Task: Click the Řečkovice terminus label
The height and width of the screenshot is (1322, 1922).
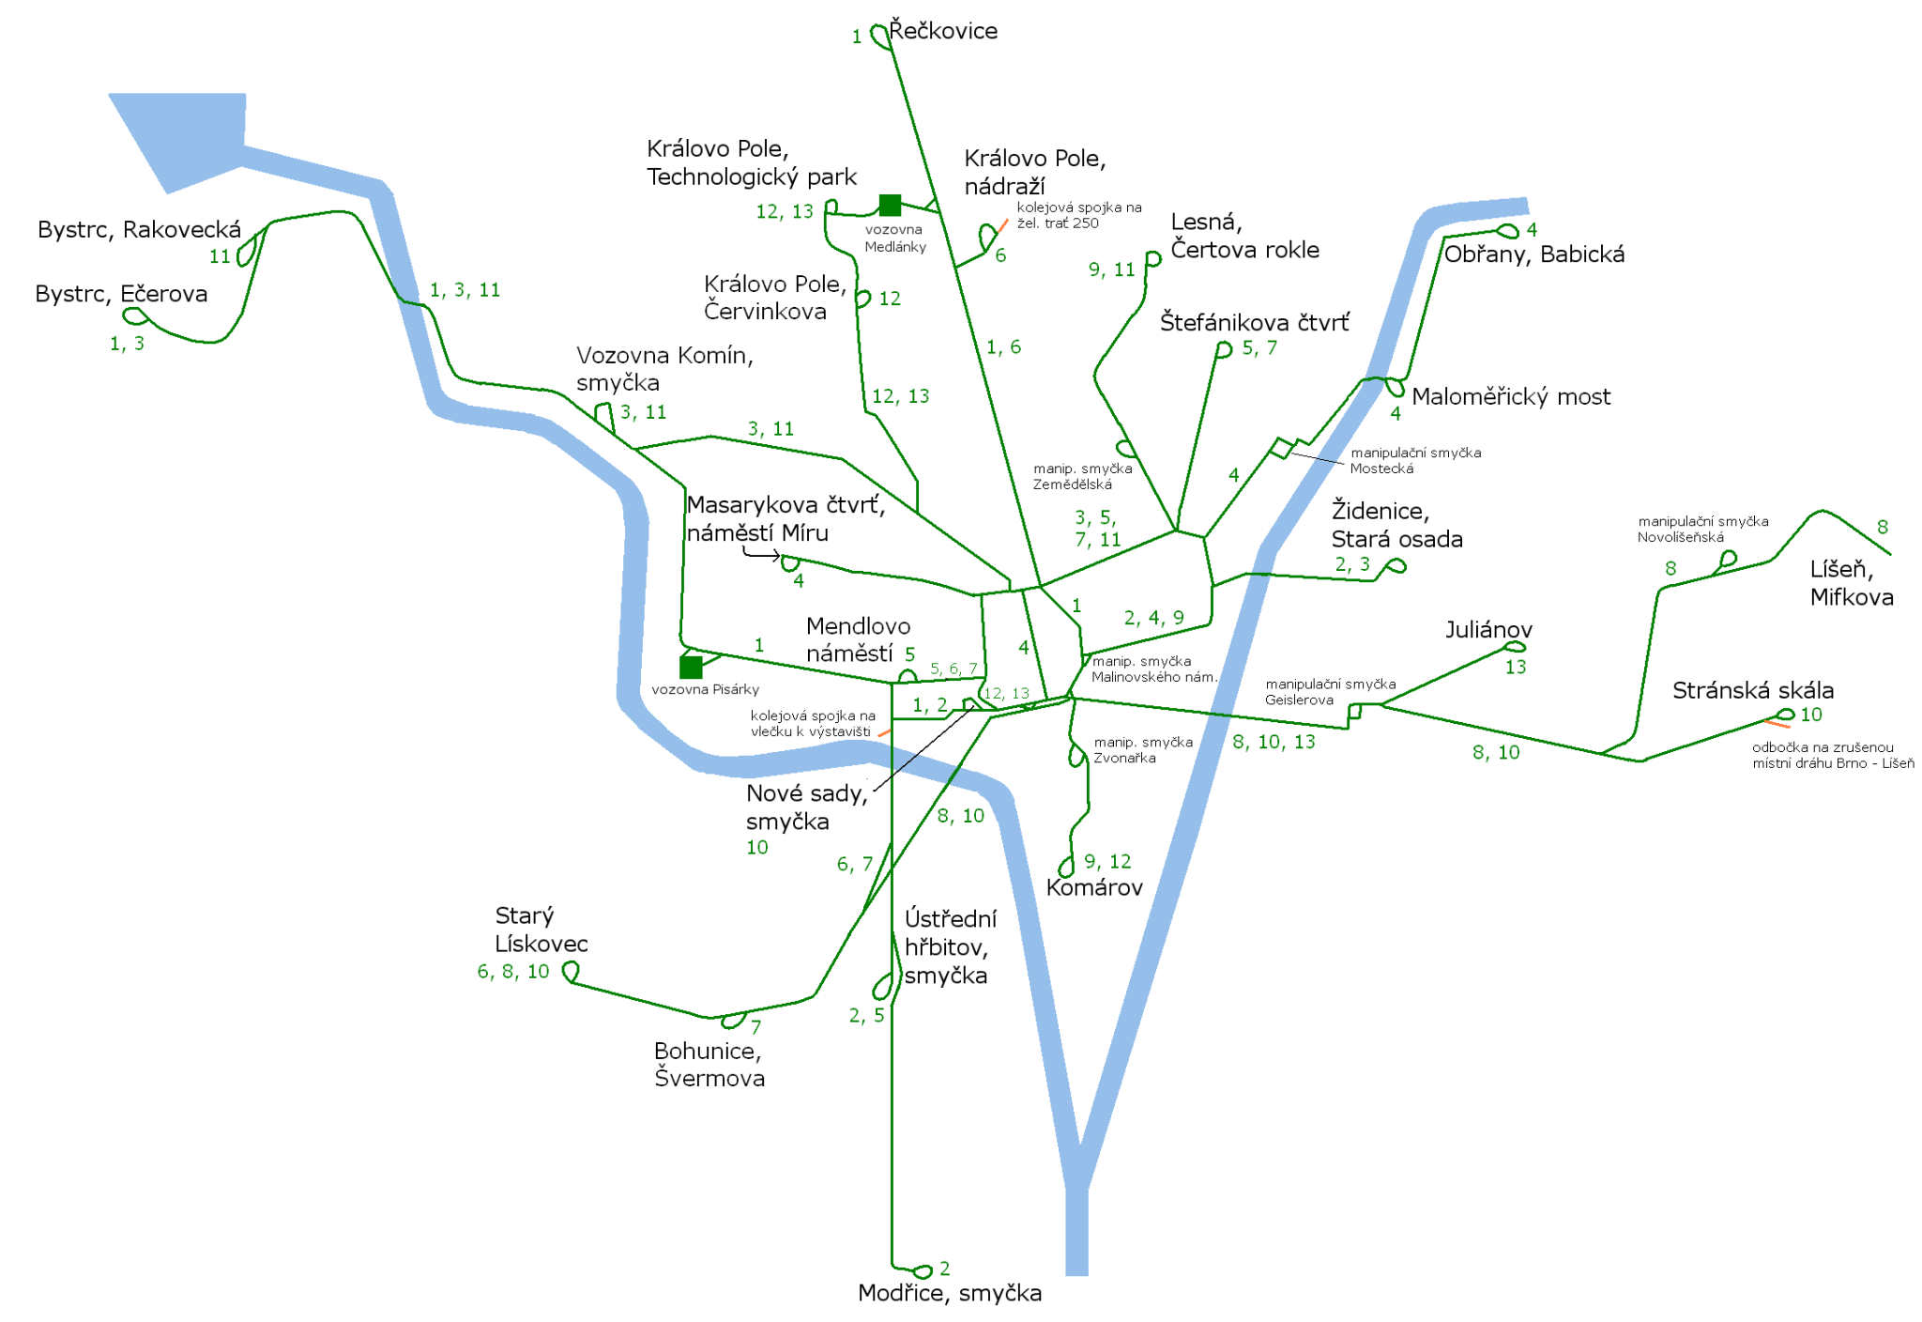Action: click(x=943, y=31)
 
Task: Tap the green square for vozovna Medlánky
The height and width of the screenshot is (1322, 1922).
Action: click(x=890, y=205)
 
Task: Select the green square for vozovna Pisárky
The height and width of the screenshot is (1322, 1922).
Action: click(x=691, y=667)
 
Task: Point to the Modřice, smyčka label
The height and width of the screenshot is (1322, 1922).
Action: click(x=950, y=1293)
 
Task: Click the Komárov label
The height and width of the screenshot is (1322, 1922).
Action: click(x=1094, y=887)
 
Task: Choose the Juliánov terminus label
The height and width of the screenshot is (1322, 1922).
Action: click(x=1488, y=629)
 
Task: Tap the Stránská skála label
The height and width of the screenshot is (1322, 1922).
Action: click(x=1752, y=690)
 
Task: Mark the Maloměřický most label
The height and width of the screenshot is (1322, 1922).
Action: click(x=1511, y=396)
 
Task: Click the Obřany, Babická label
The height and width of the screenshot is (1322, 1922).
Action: click(x=1533, y=254)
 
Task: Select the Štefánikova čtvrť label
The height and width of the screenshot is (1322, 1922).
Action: click(x=1255, y=322)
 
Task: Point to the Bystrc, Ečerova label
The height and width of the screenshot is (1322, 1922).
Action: click(x=121, y=294)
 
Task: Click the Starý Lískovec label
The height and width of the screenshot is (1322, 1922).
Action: click(x=541, y=930)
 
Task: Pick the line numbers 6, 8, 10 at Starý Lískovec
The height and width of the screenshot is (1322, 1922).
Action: click(x=512, y=972)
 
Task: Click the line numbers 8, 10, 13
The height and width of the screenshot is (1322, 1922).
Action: click(x=1274, y=742)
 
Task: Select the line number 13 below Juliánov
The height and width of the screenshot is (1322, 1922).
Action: click(x=1516, y=668)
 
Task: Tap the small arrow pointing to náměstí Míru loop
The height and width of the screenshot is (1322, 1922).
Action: click(x=761, y=554)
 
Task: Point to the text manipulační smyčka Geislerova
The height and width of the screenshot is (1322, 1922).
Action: click(x=1330, y=692)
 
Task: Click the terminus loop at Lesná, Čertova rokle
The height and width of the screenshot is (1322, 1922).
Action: click(x=1153, y=258)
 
